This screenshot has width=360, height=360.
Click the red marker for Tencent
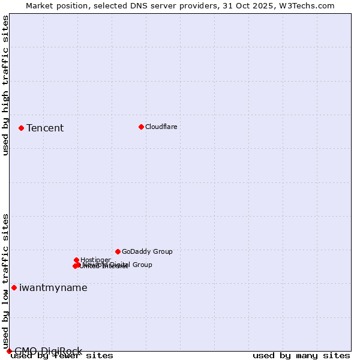coord(21,128)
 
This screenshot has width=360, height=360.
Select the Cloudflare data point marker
coord(141,127)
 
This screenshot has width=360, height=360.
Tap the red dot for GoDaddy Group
coord(118,251)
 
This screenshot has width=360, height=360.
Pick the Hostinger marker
coord(76,260)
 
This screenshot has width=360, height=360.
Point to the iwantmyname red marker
coord(14,287)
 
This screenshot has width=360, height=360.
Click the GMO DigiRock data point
coord(9,351)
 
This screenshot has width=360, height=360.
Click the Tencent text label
coord(45,128)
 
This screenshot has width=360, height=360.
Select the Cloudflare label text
coord(161,127)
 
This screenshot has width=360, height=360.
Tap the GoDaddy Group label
coord(147,251)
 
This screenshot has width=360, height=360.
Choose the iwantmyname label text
coord(53,287)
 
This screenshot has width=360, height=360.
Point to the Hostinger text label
coord(95,260)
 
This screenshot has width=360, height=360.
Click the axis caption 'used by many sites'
coord(301,355)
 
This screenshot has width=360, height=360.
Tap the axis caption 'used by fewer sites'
coord(62,355)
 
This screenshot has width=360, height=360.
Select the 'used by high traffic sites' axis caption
coord(5,86)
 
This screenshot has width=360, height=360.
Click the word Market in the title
coord(39,5)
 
